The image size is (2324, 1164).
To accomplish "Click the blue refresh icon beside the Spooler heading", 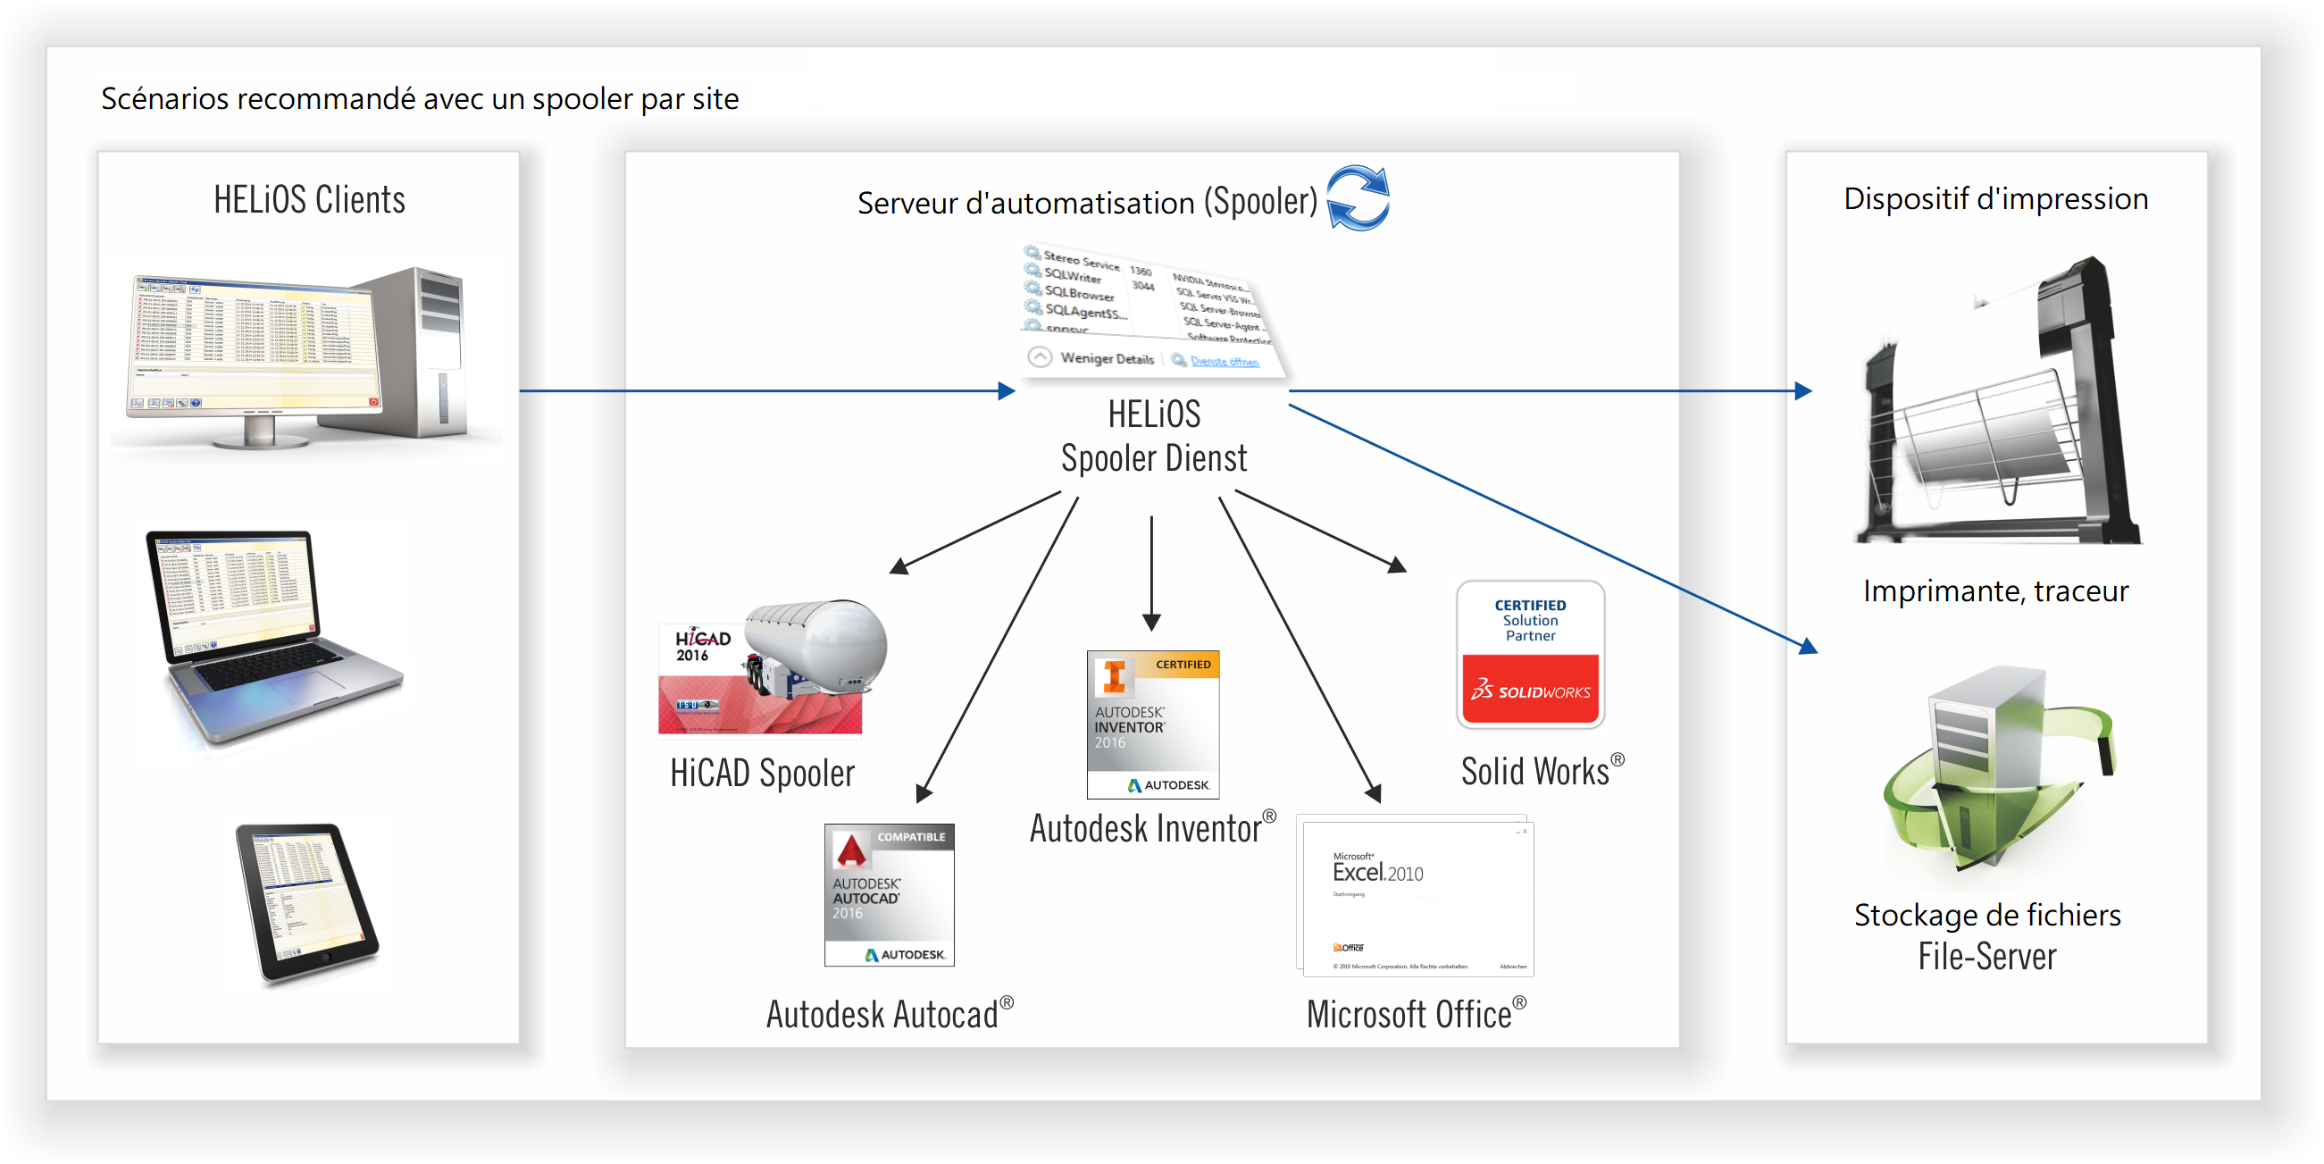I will coord(1358,197).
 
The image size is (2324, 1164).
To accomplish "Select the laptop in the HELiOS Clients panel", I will coord(271,635).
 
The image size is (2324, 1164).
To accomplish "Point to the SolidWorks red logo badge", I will coord(1530,691).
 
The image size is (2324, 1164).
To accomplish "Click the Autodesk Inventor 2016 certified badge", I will coord(1152,724).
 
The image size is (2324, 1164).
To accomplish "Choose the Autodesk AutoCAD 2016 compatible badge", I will coord(889,894).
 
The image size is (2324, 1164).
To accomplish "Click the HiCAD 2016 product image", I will coord(773,667).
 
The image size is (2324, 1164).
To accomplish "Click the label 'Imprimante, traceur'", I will coord(1995,591).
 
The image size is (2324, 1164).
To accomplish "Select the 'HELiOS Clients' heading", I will coord(308,199).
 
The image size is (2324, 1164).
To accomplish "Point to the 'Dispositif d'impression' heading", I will coord(1995,198).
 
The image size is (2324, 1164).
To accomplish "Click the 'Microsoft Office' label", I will coord(1409,1014).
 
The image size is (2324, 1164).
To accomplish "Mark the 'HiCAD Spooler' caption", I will coord(763,774).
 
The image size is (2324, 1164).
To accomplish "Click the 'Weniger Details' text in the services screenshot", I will coord(1107,358).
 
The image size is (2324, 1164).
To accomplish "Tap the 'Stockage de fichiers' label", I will coord(1987,915).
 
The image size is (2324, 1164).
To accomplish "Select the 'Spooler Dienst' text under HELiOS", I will coord(1154,458).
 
